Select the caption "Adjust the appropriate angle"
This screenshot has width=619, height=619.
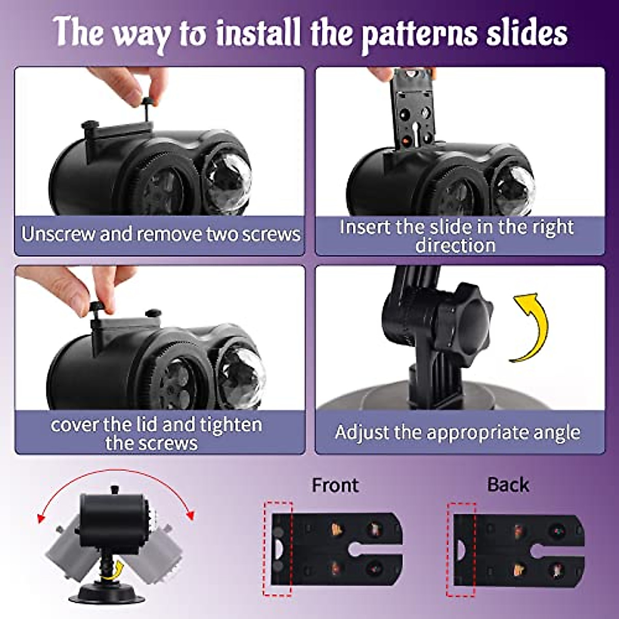coord(458,432)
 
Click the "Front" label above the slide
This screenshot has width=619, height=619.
coord(335,485)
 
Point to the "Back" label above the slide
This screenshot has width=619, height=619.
coord(508,485)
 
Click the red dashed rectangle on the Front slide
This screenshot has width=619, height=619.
coord(278,549)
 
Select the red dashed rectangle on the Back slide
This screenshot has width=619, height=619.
coord(461,549)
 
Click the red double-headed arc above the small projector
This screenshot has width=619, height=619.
coord(116,477)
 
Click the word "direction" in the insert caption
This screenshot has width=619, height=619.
coord(455,246)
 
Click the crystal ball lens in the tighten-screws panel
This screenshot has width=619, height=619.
coord(240,373)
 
